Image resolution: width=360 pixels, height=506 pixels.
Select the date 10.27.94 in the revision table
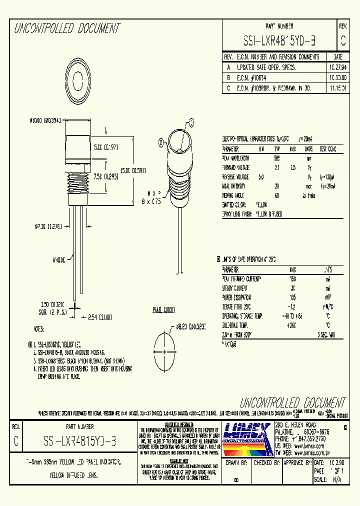pos(337,67)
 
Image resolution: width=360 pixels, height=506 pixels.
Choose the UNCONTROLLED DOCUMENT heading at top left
pos(67,28)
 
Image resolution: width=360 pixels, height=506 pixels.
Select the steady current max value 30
pos(292,288)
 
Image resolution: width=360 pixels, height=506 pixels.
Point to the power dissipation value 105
pos(292,297)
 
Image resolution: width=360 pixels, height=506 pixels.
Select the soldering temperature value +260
pos(292,324)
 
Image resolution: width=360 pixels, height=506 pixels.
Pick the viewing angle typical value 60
pos(276,195)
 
